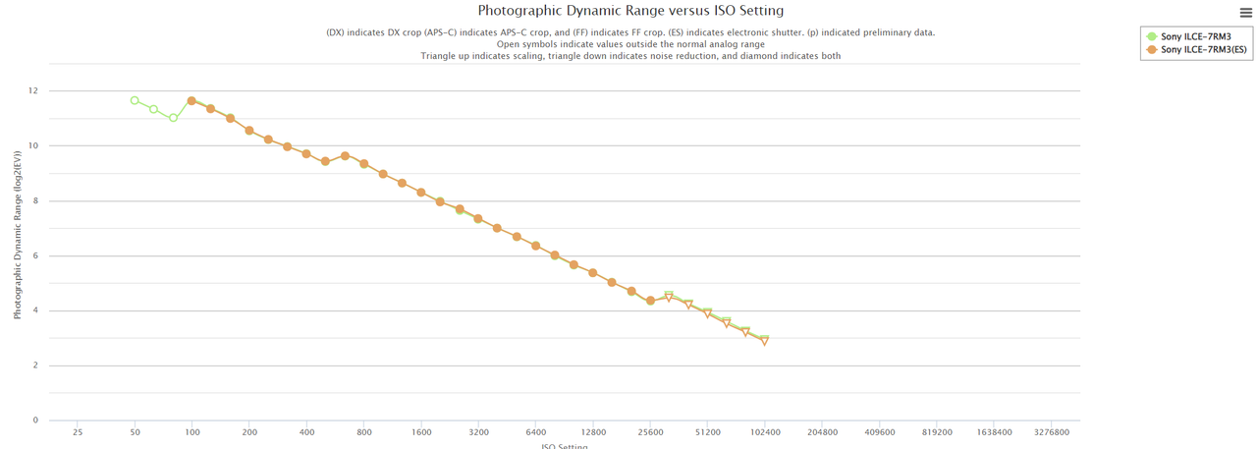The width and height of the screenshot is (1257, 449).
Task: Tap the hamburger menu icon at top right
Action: [1245, 14]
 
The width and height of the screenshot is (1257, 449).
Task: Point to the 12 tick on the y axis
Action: [33, 91]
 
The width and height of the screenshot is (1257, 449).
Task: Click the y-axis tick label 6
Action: [35, 256]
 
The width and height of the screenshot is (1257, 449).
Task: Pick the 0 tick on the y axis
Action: [35, 421]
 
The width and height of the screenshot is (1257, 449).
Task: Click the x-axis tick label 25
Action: [78, 432]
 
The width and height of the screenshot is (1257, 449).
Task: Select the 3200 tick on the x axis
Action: [479, 432]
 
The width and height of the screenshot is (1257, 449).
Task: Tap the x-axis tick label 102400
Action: [765, 432]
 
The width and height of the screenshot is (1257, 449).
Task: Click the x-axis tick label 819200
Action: [937, 432]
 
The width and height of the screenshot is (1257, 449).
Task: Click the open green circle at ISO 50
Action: [135, 100]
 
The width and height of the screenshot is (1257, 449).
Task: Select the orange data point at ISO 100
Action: [191, 101]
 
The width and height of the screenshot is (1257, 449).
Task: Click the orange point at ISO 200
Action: [249, 131]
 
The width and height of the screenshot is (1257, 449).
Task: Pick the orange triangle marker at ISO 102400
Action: [765, 342]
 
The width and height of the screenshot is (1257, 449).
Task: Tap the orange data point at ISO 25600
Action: [650, 301]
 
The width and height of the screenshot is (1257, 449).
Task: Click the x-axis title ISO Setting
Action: [565, 445]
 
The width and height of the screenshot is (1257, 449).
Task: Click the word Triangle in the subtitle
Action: [440, 56]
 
